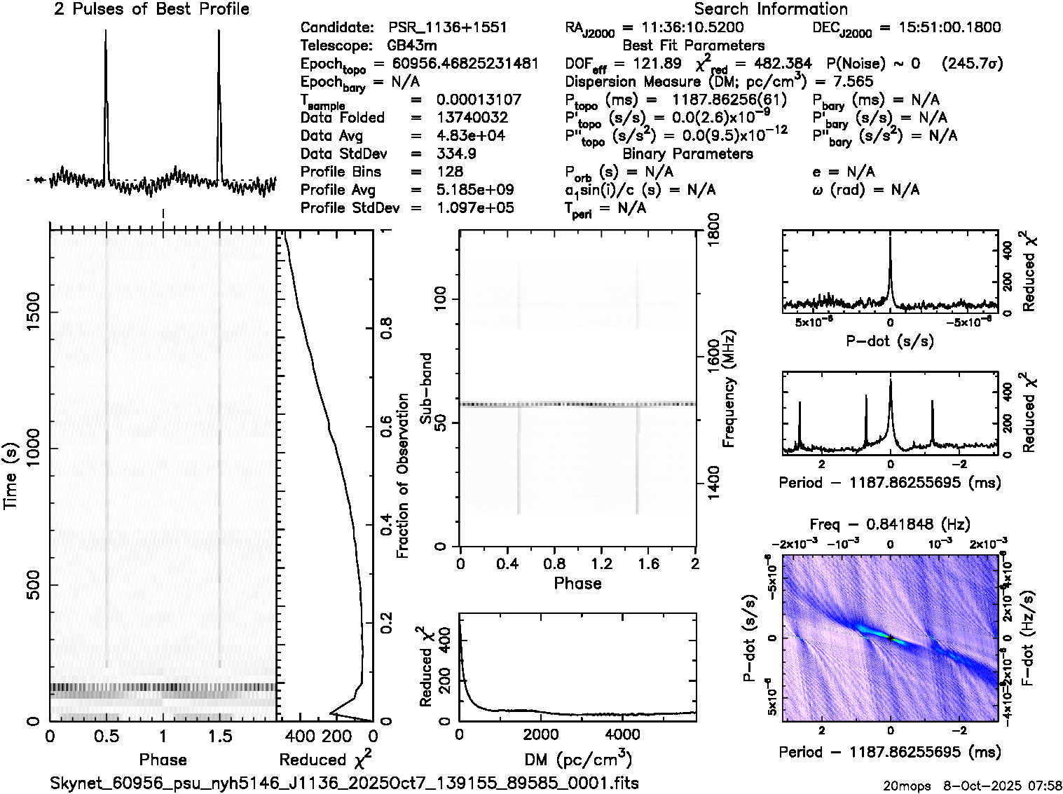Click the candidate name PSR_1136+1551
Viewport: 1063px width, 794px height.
tap(447, 28)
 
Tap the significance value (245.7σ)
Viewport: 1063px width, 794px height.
tap(972, 64)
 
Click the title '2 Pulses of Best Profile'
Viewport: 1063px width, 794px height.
tap(151, 10)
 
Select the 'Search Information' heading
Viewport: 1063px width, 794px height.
tap(770, 10)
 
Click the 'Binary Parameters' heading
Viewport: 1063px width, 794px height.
tap(687, 154)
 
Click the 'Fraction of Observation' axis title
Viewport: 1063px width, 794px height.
tap(402, 476)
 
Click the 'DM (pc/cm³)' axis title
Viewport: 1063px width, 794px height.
tap(578, 760)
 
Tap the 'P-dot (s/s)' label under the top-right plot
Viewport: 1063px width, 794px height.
tap(890, 341)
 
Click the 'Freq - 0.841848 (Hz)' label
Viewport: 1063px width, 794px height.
tap(890, 525)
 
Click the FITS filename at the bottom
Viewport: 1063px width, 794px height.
tap(344, 783)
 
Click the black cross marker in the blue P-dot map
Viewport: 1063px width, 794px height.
tap(890, 638)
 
